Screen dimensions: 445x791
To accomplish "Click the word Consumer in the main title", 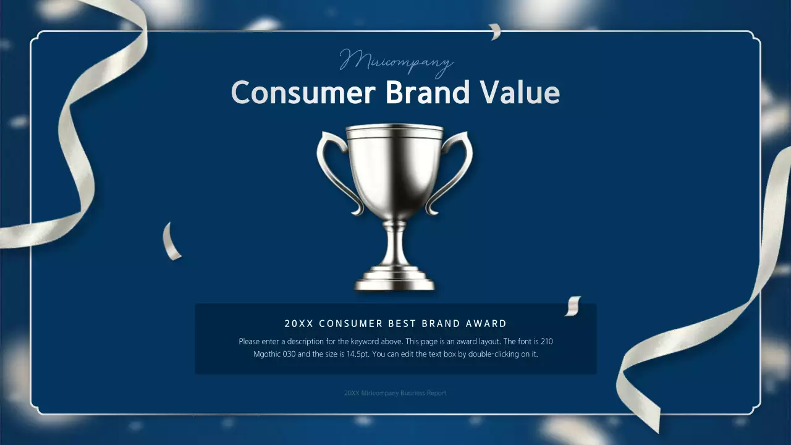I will pyautogui.click(x=303, y=93).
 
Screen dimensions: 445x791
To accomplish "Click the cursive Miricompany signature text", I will pyautogui.click(x=396, y=62).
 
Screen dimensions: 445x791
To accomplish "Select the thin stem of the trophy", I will pyautogui.click(x=394, y=244).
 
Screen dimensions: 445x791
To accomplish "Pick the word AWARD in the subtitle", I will pyautogui.click(x=486, y=323).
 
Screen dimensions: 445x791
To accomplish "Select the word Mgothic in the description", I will pyautogui.click(x=267, y=355).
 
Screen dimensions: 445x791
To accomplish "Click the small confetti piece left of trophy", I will pyautogui.click(x=171, y=242).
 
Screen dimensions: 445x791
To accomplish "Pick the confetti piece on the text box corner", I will pyautogui.click(x=573, y=305).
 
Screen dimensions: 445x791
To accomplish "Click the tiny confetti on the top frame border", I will pyautogui.click(x=495, y=32).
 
